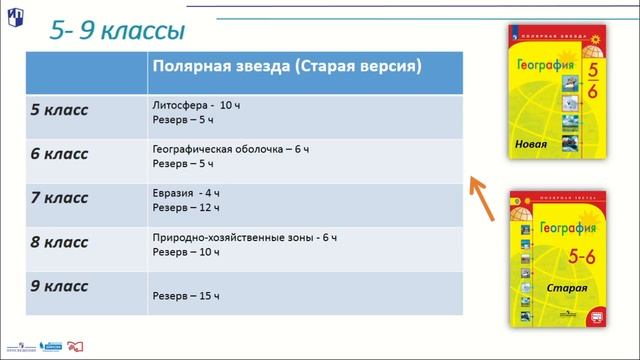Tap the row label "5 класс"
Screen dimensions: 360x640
click(x=61, y=109)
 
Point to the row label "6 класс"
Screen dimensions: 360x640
click(x=61, y=154)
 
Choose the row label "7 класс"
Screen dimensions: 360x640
click(x=61, y=198)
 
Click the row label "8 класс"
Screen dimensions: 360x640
click(x=61, y=242)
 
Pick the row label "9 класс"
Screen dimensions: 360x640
click(x=61, y=287)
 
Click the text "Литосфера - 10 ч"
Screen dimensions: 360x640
click(x=197, y=104)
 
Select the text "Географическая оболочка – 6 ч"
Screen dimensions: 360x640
click(x=231, y=149)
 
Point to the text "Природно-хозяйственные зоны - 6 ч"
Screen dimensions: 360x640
click(x=245, y=237)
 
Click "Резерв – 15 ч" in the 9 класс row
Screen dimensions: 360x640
click(x=186, y=296)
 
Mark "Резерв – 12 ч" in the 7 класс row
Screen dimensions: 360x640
click(x=186, y=207)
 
